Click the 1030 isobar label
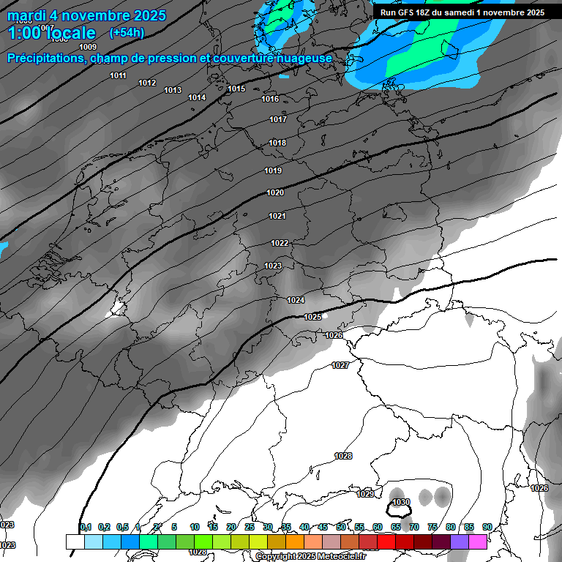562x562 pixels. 401,502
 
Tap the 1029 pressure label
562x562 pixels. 365,494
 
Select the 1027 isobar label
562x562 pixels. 340,365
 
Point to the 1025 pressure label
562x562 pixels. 312,317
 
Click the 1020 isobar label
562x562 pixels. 275,192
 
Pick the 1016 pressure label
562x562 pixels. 270,99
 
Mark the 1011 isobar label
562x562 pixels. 118,75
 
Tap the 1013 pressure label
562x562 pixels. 173,90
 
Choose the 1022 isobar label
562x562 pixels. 280,243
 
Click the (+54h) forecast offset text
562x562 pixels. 127,33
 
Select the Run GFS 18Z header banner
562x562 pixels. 462,12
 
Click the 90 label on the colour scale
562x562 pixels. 487,527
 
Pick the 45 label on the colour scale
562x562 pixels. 323,527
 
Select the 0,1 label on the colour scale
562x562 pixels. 86,527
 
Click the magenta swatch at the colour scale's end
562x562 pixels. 478,542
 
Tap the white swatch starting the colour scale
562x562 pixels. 75,542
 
